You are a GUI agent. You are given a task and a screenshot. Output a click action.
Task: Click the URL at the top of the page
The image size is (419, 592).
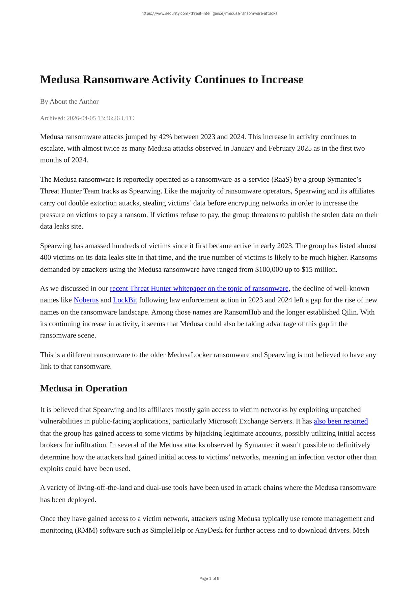pos(209,13)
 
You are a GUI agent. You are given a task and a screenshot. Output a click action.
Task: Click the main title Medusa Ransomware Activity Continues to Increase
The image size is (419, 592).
pos(172,80)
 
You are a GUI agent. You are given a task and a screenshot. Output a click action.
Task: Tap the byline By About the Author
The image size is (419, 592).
pos(69,101)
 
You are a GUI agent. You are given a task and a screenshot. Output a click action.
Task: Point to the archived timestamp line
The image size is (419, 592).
pos(87,118)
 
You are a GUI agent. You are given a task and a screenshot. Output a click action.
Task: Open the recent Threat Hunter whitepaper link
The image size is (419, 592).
pos(199,289)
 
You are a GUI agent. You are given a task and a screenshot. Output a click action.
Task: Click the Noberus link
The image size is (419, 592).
pos(86,300)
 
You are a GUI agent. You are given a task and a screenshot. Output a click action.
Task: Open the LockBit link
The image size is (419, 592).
pos(125,300)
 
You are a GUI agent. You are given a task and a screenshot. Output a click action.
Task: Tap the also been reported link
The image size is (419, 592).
pos(340,421)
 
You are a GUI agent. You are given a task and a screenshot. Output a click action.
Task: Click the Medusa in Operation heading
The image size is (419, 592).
pos(84,388)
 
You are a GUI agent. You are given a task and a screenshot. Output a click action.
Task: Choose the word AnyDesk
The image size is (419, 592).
pos(208,530)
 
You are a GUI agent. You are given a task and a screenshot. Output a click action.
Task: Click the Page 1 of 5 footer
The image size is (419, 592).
pos(209,579)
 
